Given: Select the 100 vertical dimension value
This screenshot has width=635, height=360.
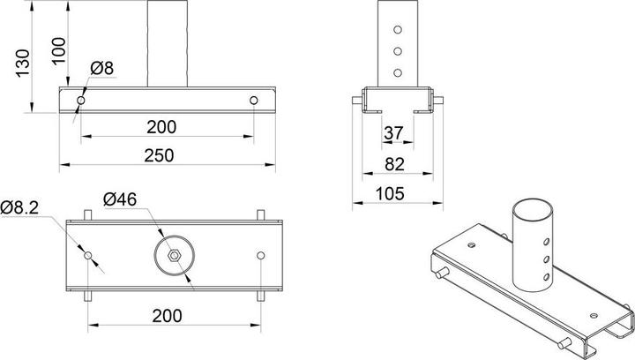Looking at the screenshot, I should click(x=59, y=46).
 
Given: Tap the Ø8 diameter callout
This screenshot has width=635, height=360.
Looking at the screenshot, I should click(x=101, y=68).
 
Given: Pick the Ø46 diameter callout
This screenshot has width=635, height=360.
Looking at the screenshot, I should click(x=119, y=200).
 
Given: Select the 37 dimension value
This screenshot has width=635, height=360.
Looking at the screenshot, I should click(x=392, y=132).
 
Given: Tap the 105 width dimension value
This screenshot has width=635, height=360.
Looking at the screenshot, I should click(x=394, y=192).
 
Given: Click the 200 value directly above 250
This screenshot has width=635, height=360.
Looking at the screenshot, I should click(x=161, y=126).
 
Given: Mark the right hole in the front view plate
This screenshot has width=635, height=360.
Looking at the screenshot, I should click(x=253, y=101).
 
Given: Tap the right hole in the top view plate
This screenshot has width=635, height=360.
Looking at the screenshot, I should click(x=260, y=256).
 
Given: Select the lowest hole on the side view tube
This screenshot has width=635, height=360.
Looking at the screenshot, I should click(x=397, y=72).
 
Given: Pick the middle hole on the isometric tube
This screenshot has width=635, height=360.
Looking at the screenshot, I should click(x=547, y=259).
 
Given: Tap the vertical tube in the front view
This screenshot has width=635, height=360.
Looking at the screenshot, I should click(x=168, y=44).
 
